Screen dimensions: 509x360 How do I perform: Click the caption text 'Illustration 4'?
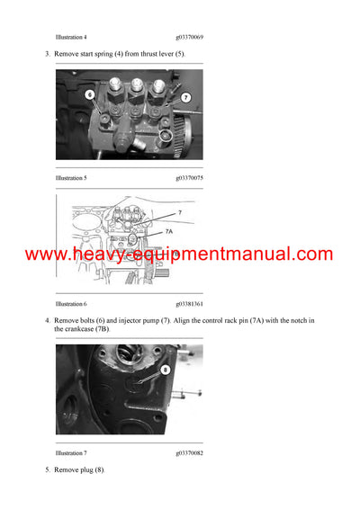pyautogui.click(x=71, y=37)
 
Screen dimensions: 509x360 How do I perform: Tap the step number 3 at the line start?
pyautogui.click(x=48, y=55)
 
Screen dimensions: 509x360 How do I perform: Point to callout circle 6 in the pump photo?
pyautogui.click(x=91, y=93)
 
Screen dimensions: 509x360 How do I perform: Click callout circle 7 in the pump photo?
pyautogui.click(x=185, y=96)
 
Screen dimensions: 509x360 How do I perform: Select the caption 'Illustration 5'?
pyautogui.click(x=71, y=178)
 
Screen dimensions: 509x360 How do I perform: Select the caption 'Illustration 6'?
pyautogui.click(x=71, y=305)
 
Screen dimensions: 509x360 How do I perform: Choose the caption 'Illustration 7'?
pyautogui.click(x=71, y=454)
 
